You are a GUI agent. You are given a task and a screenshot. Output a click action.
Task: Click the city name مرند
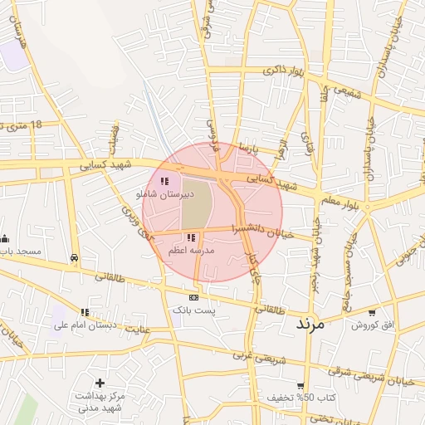[x=313, y=323]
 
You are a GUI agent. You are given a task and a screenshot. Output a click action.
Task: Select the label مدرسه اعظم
[x=192, y=250]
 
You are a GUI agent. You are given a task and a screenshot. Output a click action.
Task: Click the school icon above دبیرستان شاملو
[x=164, y=181]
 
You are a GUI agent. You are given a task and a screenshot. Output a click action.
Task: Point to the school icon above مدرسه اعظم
[x=192, y=237]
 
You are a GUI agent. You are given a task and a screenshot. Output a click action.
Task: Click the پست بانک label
[x=193, y=309]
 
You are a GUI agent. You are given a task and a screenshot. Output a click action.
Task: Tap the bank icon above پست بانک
[x=193, y=296]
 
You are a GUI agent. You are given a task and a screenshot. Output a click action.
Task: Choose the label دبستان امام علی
[x=83, y=325]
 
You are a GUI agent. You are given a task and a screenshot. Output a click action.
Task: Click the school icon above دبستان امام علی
[x=83, y=313]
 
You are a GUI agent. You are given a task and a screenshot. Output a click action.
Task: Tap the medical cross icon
[x=100, y=383]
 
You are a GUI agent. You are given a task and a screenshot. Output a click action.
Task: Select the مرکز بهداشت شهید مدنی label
[x=100, y=402]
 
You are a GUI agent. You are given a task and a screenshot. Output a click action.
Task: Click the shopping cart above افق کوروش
[x=371, y=312]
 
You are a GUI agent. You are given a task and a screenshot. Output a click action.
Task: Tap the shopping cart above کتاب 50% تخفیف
[x=300, y=386]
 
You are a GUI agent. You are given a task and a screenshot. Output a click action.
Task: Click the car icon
[x=76, y=257]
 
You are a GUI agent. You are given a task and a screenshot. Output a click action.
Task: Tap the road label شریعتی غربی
[x=252, y=355]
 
